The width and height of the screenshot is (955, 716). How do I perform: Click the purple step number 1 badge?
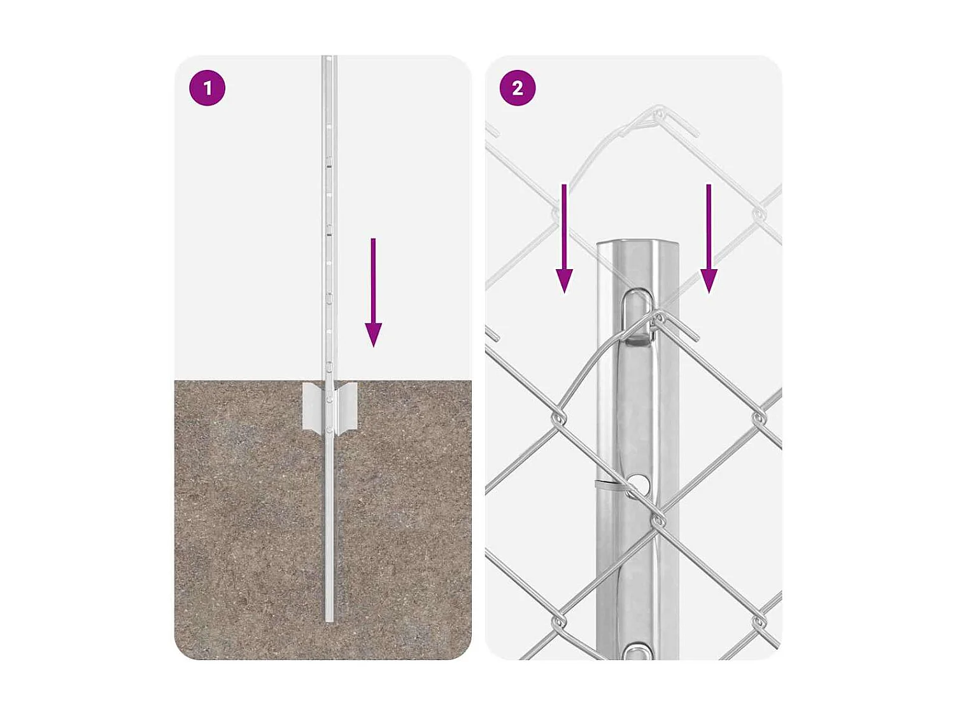coord(208,88)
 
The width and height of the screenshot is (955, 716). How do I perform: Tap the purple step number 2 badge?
coord(518,88)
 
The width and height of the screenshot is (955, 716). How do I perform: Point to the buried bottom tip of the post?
coord(329,617)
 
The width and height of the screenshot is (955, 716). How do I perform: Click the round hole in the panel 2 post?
coord(639,485)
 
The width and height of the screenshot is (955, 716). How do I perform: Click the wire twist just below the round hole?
coord(658,521)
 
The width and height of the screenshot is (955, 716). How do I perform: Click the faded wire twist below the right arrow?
coord(758,214)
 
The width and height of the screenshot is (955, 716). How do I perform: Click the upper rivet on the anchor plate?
coord(329,400)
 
